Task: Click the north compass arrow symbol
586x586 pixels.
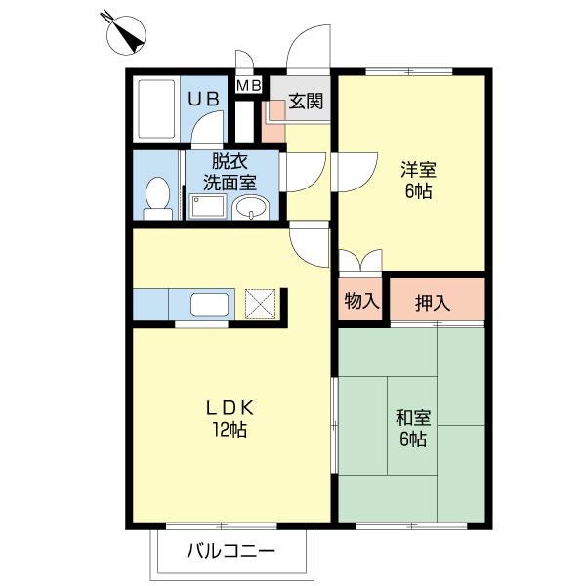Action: tap(125, 33)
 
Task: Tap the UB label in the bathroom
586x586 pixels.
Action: tap(203, 99)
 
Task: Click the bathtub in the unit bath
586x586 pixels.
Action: tap(156, 108)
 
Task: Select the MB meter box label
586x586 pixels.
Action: tap(249, 86)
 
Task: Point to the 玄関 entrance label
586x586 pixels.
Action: tap(306, 101)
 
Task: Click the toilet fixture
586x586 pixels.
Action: tap(157, 199)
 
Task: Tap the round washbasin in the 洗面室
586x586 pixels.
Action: tap(250, 208)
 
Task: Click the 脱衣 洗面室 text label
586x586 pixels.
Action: tap(230, 172)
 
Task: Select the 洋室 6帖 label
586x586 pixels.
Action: tap(418, 180)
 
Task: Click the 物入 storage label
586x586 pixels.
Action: tap(361, 301)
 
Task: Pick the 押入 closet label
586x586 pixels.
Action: tap(433, 303)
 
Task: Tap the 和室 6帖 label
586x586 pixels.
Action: tap(413, 429)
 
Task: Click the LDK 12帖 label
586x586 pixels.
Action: tap(230, 418)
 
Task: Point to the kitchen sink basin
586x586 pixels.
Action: tap(209, 305)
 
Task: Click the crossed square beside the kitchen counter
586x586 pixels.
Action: tap(260, 304)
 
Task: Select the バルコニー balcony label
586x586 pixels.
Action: tap(230, 551)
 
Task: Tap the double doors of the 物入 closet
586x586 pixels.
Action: tap(360, 261)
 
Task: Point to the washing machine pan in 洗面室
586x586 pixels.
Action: tap(208, 206)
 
